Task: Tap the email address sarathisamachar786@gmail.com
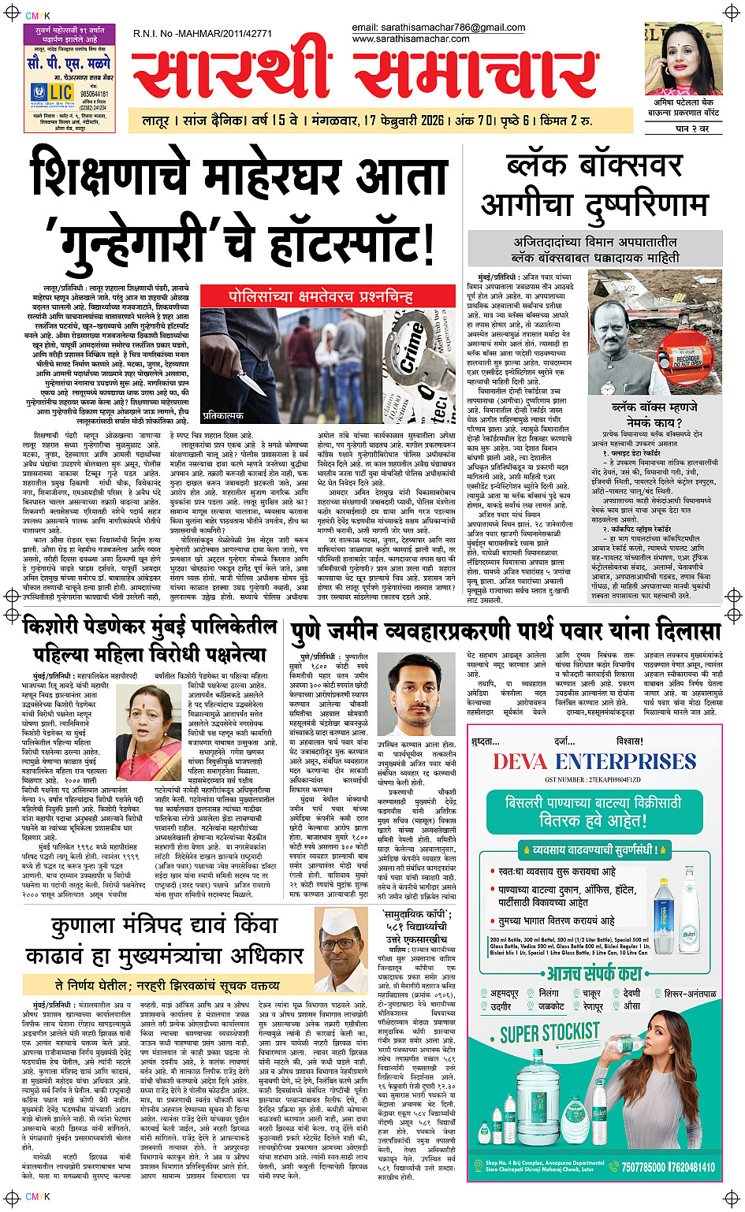point(438,28)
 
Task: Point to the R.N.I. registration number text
point(203,34)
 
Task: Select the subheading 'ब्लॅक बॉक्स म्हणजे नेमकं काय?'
point(654,415)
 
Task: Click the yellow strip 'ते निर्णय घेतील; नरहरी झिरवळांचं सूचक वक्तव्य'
point(167,985)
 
